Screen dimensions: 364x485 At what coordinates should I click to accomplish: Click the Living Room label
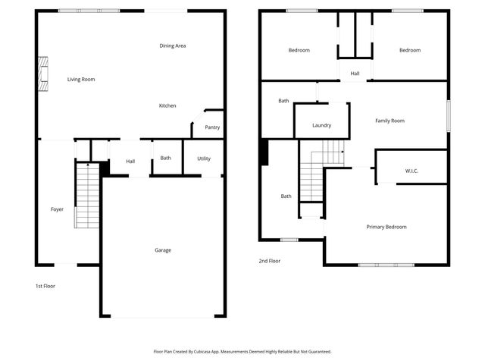80,79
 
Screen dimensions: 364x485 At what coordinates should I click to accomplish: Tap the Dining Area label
173,45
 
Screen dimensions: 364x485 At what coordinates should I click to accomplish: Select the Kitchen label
167,105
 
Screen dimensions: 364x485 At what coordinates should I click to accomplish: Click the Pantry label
212,127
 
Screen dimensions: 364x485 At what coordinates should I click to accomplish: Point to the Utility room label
204,158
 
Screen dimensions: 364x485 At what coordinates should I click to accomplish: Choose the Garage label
163,250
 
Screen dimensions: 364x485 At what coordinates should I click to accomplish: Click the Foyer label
57,209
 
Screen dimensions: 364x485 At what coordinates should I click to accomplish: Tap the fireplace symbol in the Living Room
45,74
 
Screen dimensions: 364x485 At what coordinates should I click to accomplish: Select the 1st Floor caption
45,286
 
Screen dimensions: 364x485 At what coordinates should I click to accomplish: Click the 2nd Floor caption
269,260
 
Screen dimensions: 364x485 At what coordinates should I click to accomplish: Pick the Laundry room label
322,125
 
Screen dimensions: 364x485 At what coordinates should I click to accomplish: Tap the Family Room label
390,121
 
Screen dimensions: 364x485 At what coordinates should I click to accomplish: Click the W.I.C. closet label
411,171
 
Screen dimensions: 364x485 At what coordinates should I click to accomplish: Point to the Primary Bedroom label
386,227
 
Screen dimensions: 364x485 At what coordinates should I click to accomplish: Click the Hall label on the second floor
355,73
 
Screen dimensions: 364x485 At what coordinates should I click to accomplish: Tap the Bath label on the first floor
165,158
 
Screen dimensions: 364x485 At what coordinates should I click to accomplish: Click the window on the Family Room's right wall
448,118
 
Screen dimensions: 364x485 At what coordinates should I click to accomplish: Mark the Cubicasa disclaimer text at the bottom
242,351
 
